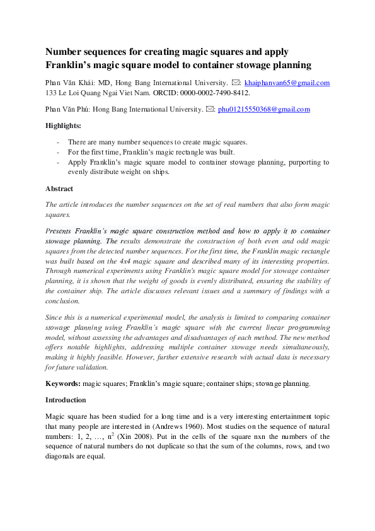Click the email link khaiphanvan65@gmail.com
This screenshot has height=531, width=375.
287,83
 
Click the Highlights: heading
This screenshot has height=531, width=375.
63,125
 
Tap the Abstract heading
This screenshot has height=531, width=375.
59,189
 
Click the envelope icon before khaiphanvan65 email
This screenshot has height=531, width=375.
236,83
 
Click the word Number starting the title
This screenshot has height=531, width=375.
67,52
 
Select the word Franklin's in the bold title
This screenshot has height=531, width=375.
71,65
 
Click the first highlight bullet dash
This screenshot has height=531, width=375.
59,142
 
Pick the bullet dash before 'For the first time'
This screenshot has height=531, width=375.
59,152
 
